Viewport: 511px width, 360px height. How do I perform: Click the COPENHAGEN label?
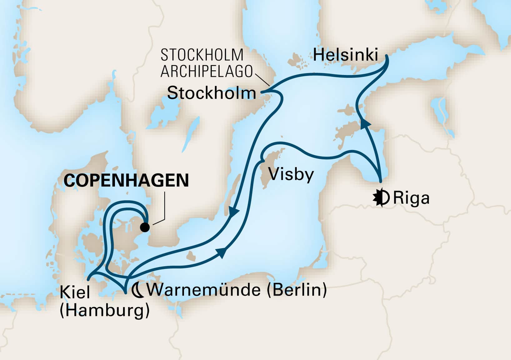tap(126, 181)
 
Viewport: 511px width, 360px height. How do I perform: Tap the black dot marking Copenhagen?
tap(145, 227)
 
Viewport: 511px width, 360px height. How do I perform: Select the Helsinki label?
tap(345, 55)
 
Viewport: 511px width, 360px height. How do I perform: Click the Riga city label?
tap(411, 198)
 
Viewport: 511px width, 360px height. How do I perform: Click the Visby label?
tap(291, 174)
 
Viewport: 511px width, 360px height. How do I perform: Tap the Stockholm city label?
tap(211, 93)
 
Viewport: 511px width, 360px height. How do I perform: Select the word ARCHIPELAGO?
tap(206, 72)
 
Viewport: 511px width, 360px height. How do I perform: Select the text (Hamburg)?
tap(104, 311)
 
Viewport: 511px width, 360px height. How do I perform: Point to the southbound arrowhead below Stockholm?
tap(234, 212)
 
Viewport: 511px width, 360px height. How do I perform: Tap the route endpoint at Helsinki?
tap(387, 56)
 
